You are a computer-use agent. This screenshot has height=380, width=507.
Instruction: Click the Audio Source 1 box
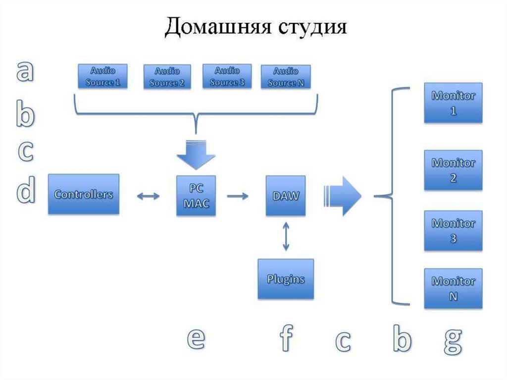[103, 76]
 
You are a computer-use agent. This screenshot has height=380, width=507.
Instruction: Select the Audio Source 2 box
[167, 77]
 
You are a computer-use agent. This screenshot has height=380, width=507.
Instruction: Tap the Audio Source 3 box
[227, 76]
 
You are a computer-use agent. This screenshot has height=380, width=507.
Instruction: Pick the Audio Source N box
[286, 77]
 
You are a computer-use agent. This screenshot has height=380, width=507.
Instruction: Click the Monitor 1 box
[453, 103]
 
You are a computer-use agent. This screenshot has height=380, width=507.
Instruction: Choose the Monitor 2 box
[453, 170]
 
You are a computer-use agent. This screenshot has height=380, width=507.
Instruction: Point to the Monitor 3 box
[453, 230]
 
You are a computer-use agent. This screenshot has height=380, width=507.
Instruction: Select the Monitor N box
[453, 288]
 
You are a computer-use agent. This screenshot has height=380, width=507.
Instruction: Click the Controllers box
[84, 194]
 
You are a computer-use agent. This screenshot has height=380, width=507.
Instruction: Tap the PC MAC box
[197, 195]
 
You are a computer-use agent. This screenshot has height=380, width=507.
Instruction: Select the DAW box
[286, 195]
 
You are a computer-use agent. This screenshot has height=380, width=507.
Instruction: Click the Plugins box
[286, 279]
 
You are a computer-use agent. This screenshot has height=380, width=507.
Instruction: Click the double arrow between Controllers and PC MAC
[148, 196]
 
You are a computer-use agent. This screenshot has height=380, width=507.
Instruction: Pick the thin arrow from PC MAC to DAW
[238, 196]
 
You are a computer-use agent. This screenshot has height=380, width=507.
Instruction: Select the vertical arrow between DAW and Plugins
[286, 236]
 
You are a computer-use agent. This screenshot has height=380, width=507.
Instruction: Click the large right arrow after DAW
[343, 195]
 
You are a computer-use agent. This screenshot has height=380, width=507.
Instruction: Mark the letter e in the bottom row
[196, 339]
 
